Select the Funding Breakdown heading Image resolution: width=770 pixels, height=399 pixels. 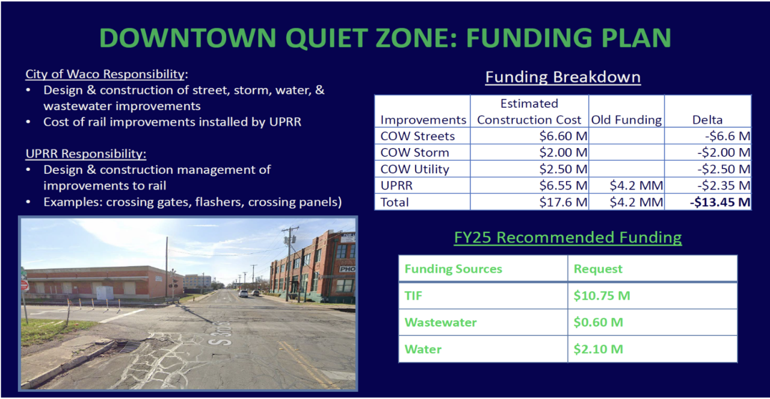563,77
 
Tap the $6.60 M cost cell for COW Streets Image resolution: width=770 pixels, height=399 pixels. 563,136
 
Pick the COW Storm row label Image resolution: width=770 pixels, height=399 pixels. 414,152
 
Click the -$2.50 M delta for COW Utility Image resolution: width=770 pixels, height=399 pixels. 724,169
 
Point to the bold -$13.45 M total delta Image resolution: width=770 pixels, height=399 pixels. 720,202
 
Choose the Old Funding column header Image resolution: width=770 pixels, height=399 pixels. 626,120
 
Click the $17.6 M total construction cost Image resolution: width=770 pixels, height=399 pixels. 563,202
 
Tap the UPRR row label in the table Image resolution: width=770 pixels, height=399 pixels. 396,186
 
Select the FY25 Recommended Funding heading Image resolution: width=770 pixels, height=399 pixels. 568,237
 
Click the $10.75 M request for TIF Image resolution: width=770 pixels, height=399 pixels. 602,296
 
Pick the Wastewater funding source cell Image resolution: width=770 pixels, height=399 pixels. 441,323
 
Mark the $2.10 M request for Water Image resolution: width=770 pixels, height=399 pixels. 598,349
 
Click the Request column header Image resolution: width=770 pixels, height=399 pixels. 598,268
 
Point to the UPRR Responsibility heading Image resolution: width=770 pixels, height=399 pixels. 86,153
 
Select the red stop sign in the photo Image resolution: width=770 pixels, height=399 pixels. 25,285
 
